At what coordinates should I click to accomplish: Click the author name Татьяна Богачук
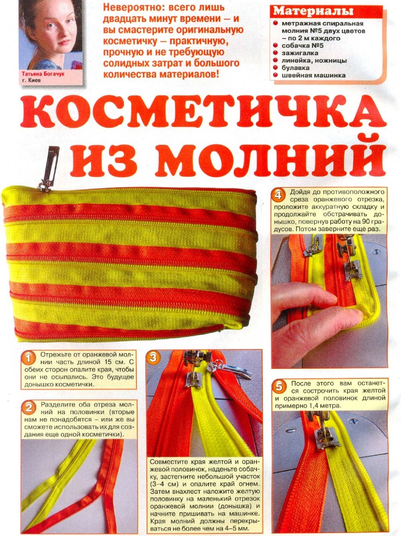point(43,75)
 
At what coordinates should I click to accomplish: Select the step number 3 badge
point(153,357)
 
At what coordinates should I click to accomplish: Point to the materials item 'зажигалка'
point(297,53)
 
